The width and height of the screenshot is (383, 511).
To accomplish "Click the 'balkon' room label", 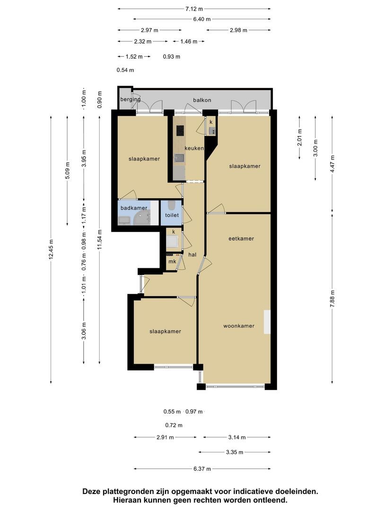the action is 202,100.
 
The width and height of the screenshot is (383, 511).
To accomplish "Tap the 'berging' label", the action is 131,99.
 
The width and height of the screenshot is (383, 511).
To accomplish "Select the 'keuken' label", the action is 194,148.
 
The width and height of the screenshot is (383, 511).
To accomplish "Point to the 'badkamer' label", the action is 134,208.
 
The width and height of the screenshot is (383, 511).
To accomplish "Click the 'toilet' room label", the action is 172,215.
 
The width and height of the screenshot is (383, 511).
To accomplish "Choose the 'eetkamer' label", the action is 241,238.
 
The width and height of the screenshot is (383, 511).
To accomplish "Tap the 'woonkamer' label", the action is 239,326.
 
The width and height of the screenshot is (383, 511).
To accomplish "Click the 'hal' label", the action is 192,255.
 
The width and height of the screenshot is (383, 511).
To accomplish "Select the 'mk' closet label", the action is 172,261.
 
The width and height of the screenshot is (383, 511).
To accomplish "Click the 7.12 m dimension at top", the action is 194,9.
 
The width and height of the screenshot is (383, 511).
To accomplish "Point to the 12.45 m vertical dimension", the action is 51,250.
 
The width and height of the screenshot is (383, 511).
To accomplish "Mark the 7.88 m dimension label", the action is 332,299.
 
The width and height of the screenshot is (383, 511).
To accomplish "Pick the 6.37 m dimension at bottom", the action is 202,469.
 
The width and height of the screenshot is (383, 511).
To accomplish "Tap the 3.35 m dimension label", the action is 235,452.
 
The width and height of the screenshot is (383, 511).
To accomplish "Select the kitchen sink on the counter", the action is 179,159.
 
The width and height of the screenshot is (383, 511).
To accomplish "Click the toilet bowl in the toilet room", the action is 172,205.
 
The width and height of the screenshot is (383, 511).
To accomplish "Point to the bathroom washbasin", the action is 124,220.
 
